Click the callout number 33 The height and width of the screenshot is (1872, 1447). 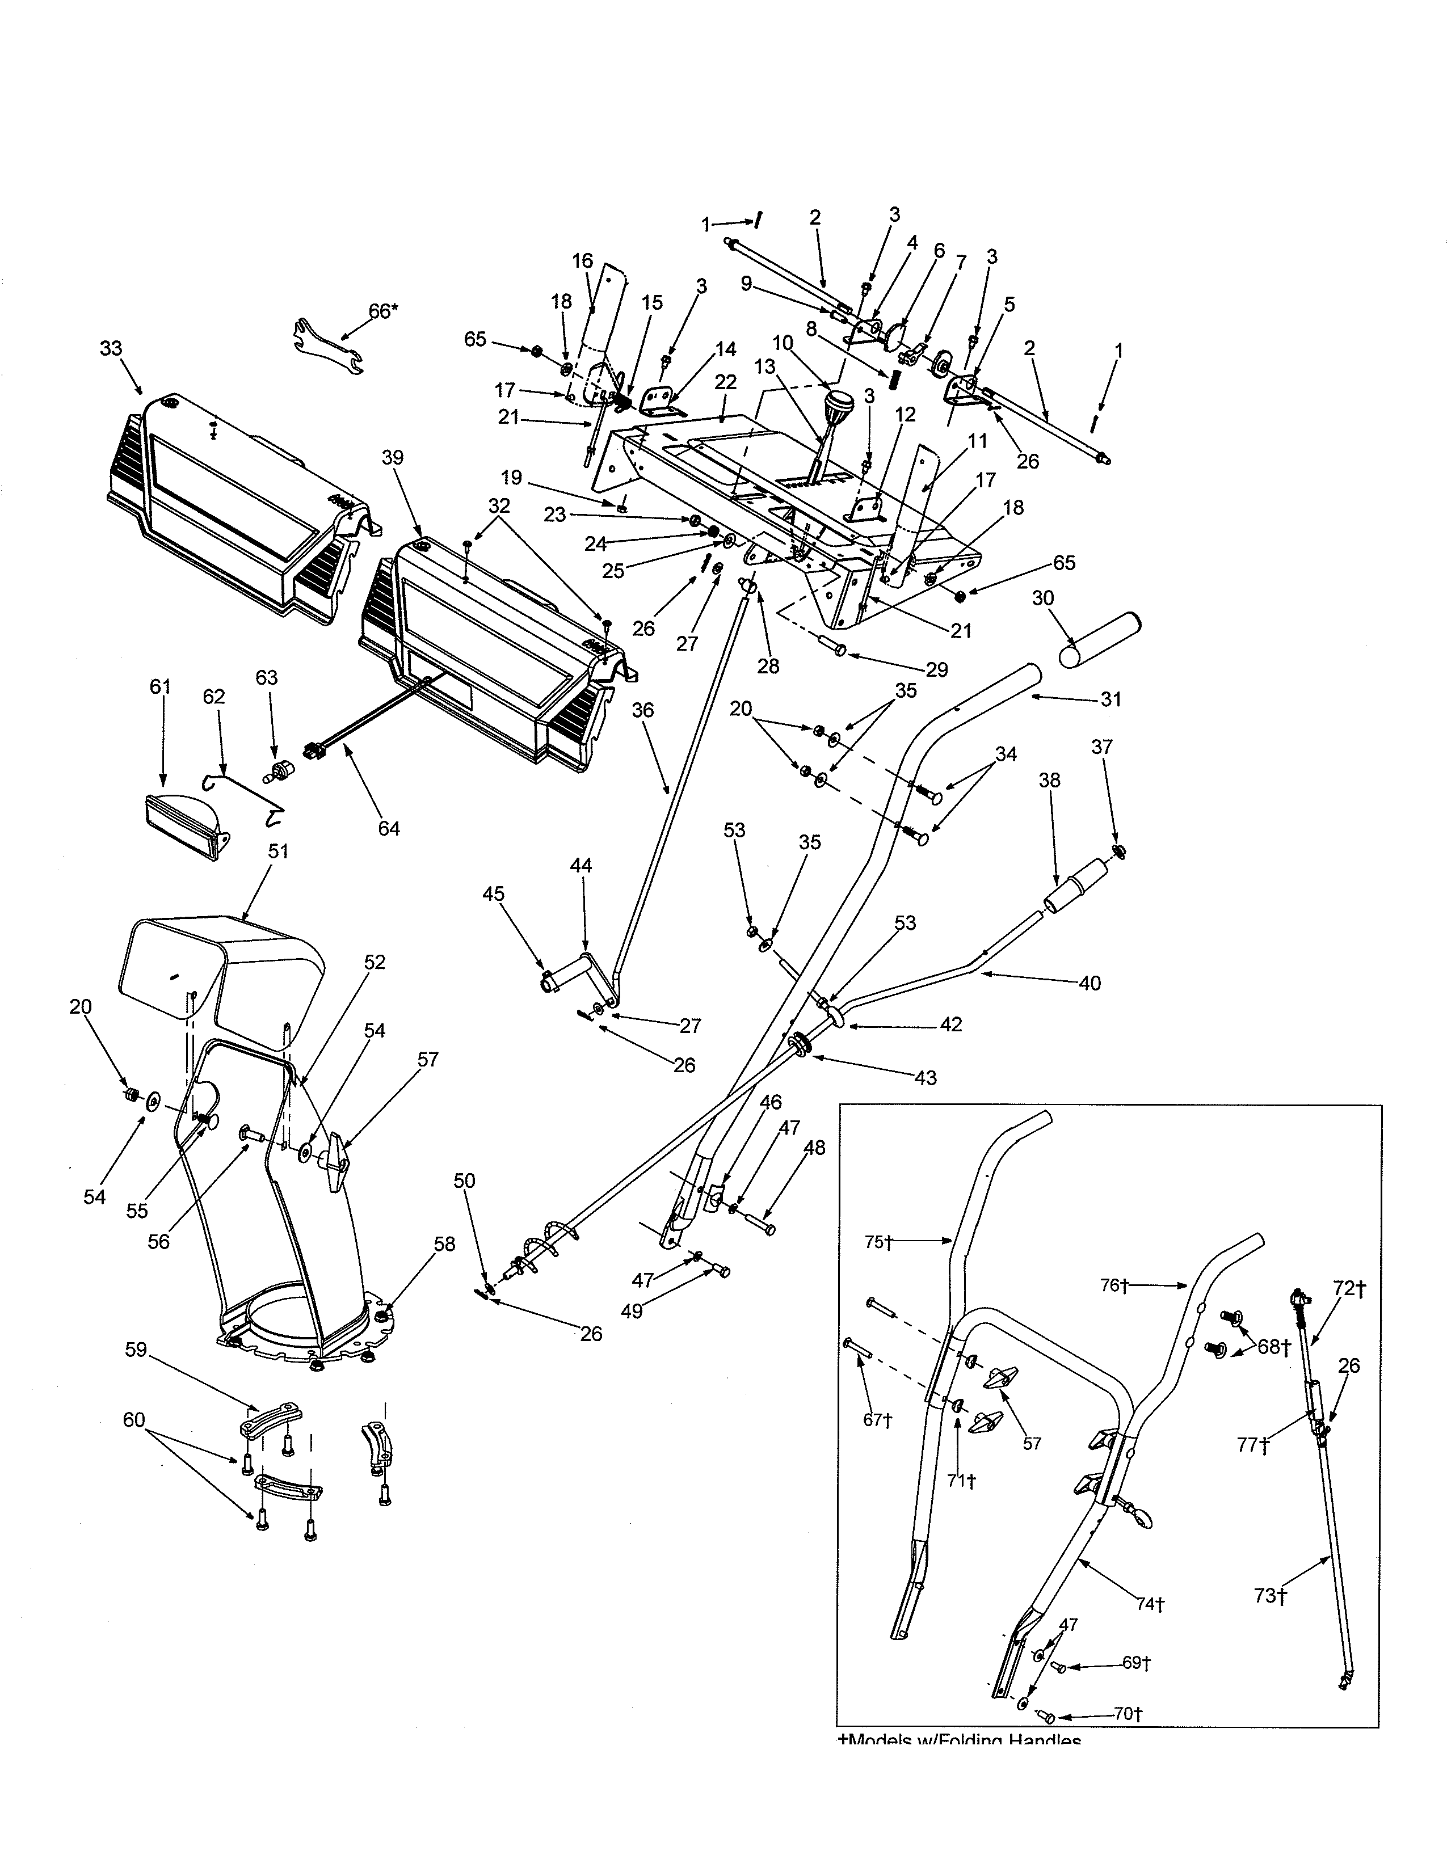111,349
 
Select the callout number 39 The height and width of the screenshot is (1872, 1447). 393,458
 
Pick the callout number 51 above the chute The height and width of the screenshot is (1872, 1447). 277,851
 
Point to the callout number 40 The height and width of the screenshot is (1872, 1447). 1090,983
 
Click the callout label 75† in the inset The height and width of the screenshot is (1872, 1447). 878,1242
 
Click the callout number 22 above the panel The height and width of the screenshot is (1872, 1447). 725,382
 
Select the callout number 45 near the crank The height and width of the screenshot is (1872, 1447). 493,894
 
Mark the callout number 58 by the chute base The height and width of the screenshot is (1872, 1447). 444,1243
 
